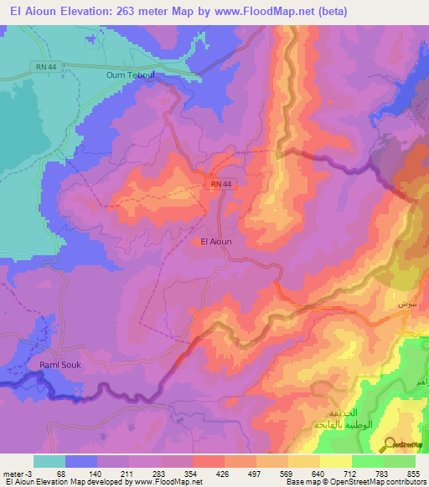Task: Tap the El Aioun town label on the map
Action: pos(216,242)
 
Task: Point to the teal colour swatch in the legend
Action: pos(49,461)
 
